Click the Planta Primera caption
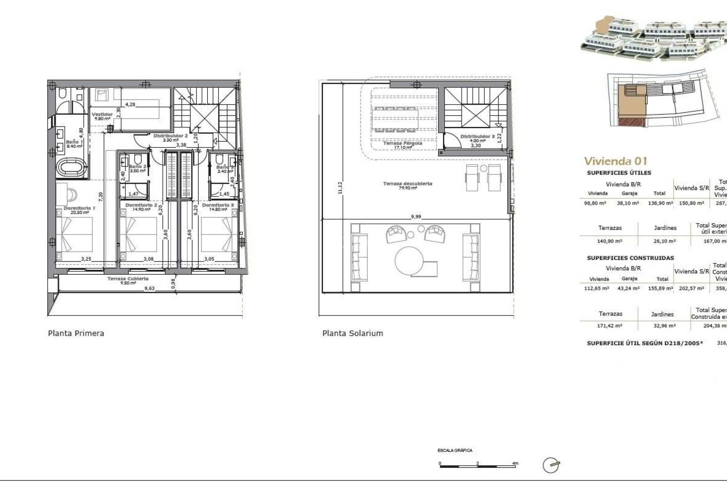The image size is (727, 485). (x=76, y=333)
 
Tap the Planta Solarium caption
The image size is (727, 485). (x=353, y=333)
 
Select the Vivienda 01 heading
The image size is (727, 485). (x=616, y=161)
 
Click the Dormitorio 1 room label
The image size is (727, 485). (x=79, y=208)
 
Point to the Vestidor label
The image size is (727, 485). (x=102, y=114)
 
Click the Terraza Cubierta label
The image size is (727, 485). (x=128, y=279)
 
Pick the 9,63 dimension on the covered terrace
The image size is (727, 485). (x=149, y=288)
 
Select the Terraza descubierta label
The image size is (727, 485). (x=407, y=184)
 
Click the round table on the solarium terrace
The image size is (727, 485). (x=409, y=261)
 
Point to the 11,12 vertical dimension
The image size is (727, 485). (x=340, y=188)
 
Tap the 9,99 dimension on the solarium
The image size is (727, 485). (x=416, y=217)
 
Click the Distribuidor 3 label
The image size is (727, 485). (x=477, y=136)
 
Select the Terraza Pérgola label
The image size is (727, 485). (x=403, y=144)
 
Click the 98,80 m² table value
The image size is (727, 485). (x=595, y=203)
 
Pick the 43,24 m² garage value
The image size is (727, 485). (x=629, y=288)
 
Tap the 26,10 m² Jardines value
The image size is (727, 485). (x=665, y=241)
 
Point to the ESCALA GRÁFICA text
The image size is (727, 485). (x=455, y=451)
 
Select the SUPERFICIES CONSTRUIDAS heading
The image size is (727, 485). (x=630, y=258)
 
